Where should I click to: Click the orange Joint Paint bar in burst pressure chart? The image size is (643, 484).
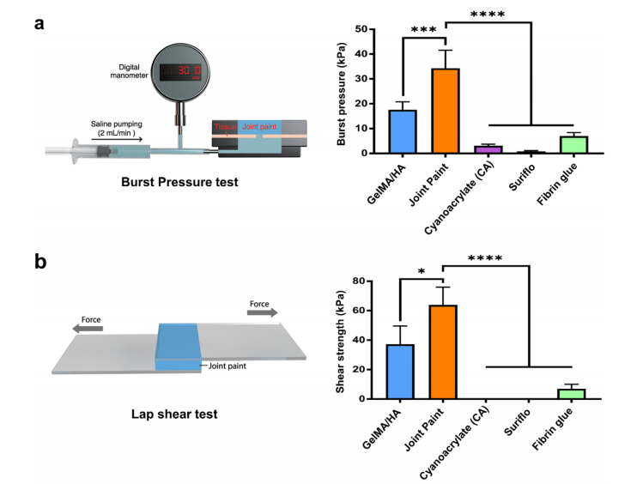(x=445, y=111)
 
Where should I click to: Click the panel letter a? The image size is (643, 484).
(x=39, y=23)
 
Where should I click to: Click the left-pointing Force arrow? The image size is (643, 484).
(x=87, y=329)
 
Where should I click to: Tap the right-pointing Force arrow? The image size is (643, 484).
(x=262, y=313)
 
